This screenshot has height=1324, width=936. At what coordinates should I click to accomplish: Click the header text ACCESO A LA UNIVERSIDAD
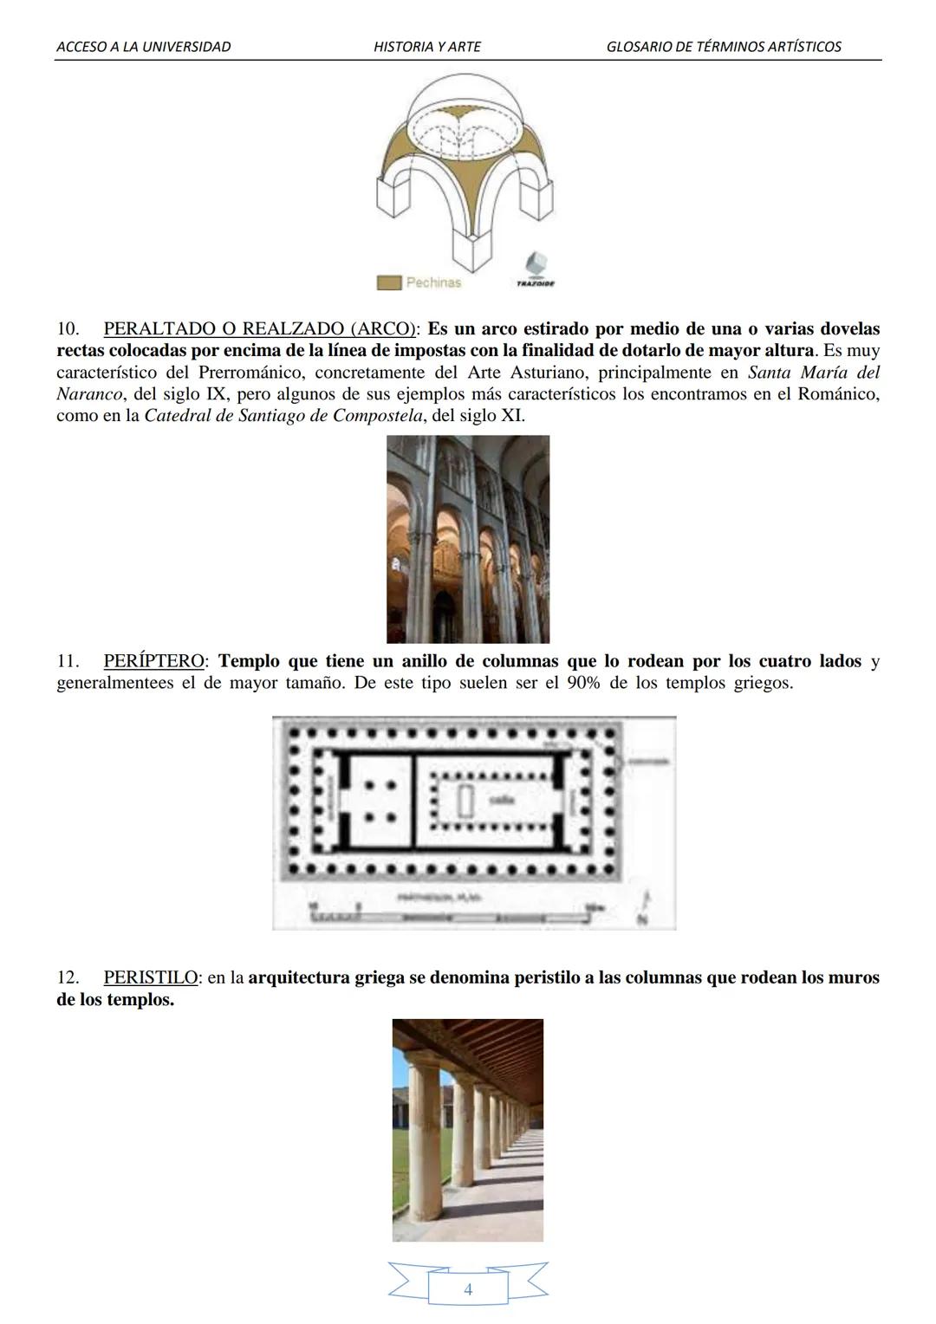143,47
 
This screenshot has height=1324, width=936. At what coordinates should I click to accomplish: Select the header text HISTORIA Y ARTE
426,47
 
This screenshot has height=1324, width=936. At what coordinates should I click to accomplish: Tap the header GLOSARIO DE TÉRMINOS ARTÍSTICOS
724,47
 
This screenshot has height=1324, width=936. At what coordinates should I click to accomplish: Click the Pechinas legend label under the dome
433,282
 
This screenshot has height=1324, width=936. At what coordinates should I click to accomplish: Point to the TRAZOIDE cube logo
536,265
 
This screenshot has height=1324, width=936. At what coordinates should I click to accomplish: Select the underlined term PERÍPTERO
153,661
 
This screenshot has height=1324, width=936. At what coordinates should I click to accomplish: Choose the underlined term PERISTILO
151,977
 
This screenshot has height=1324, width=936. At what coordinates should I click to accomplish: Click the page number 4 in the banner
468,1289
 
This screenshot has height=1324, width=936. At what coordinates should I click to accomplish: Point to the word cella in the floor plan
503,801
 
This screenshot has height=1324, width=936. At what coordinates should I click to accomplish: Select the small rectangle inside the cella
465,802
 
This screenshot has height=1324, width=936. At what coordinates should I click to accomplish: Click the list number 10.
68,329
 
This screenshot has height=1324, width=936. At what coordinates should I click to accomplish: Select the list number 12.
68,977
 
